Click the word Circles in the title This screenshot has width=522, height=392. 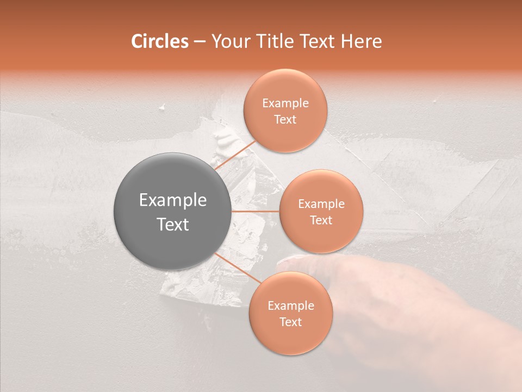tap(159, 41)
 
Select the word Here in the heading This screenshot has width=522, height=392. tap(361, 41)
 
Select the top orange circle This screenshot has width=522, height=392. tap(285, 111)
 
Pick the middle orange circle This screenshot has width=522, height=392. tap(321, 211)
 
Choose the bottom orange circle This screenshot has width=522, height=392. tap(290, 313)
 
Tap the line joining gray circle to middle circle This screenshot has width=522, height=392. tap(256, 211)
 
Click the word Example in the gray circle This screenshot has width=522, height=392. tap(173, 201)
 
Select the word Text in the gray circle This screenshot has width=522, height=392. tap(173, 224)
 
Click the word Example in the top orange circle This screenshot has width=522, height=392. tap(285, 103)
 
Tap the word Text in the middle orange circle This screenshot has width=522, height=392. tap(321, 220)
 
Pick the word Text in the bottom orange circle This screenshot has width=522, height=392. tap(290, 322)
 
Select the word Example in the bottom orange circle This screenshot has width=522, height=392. tap(291, 306)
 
